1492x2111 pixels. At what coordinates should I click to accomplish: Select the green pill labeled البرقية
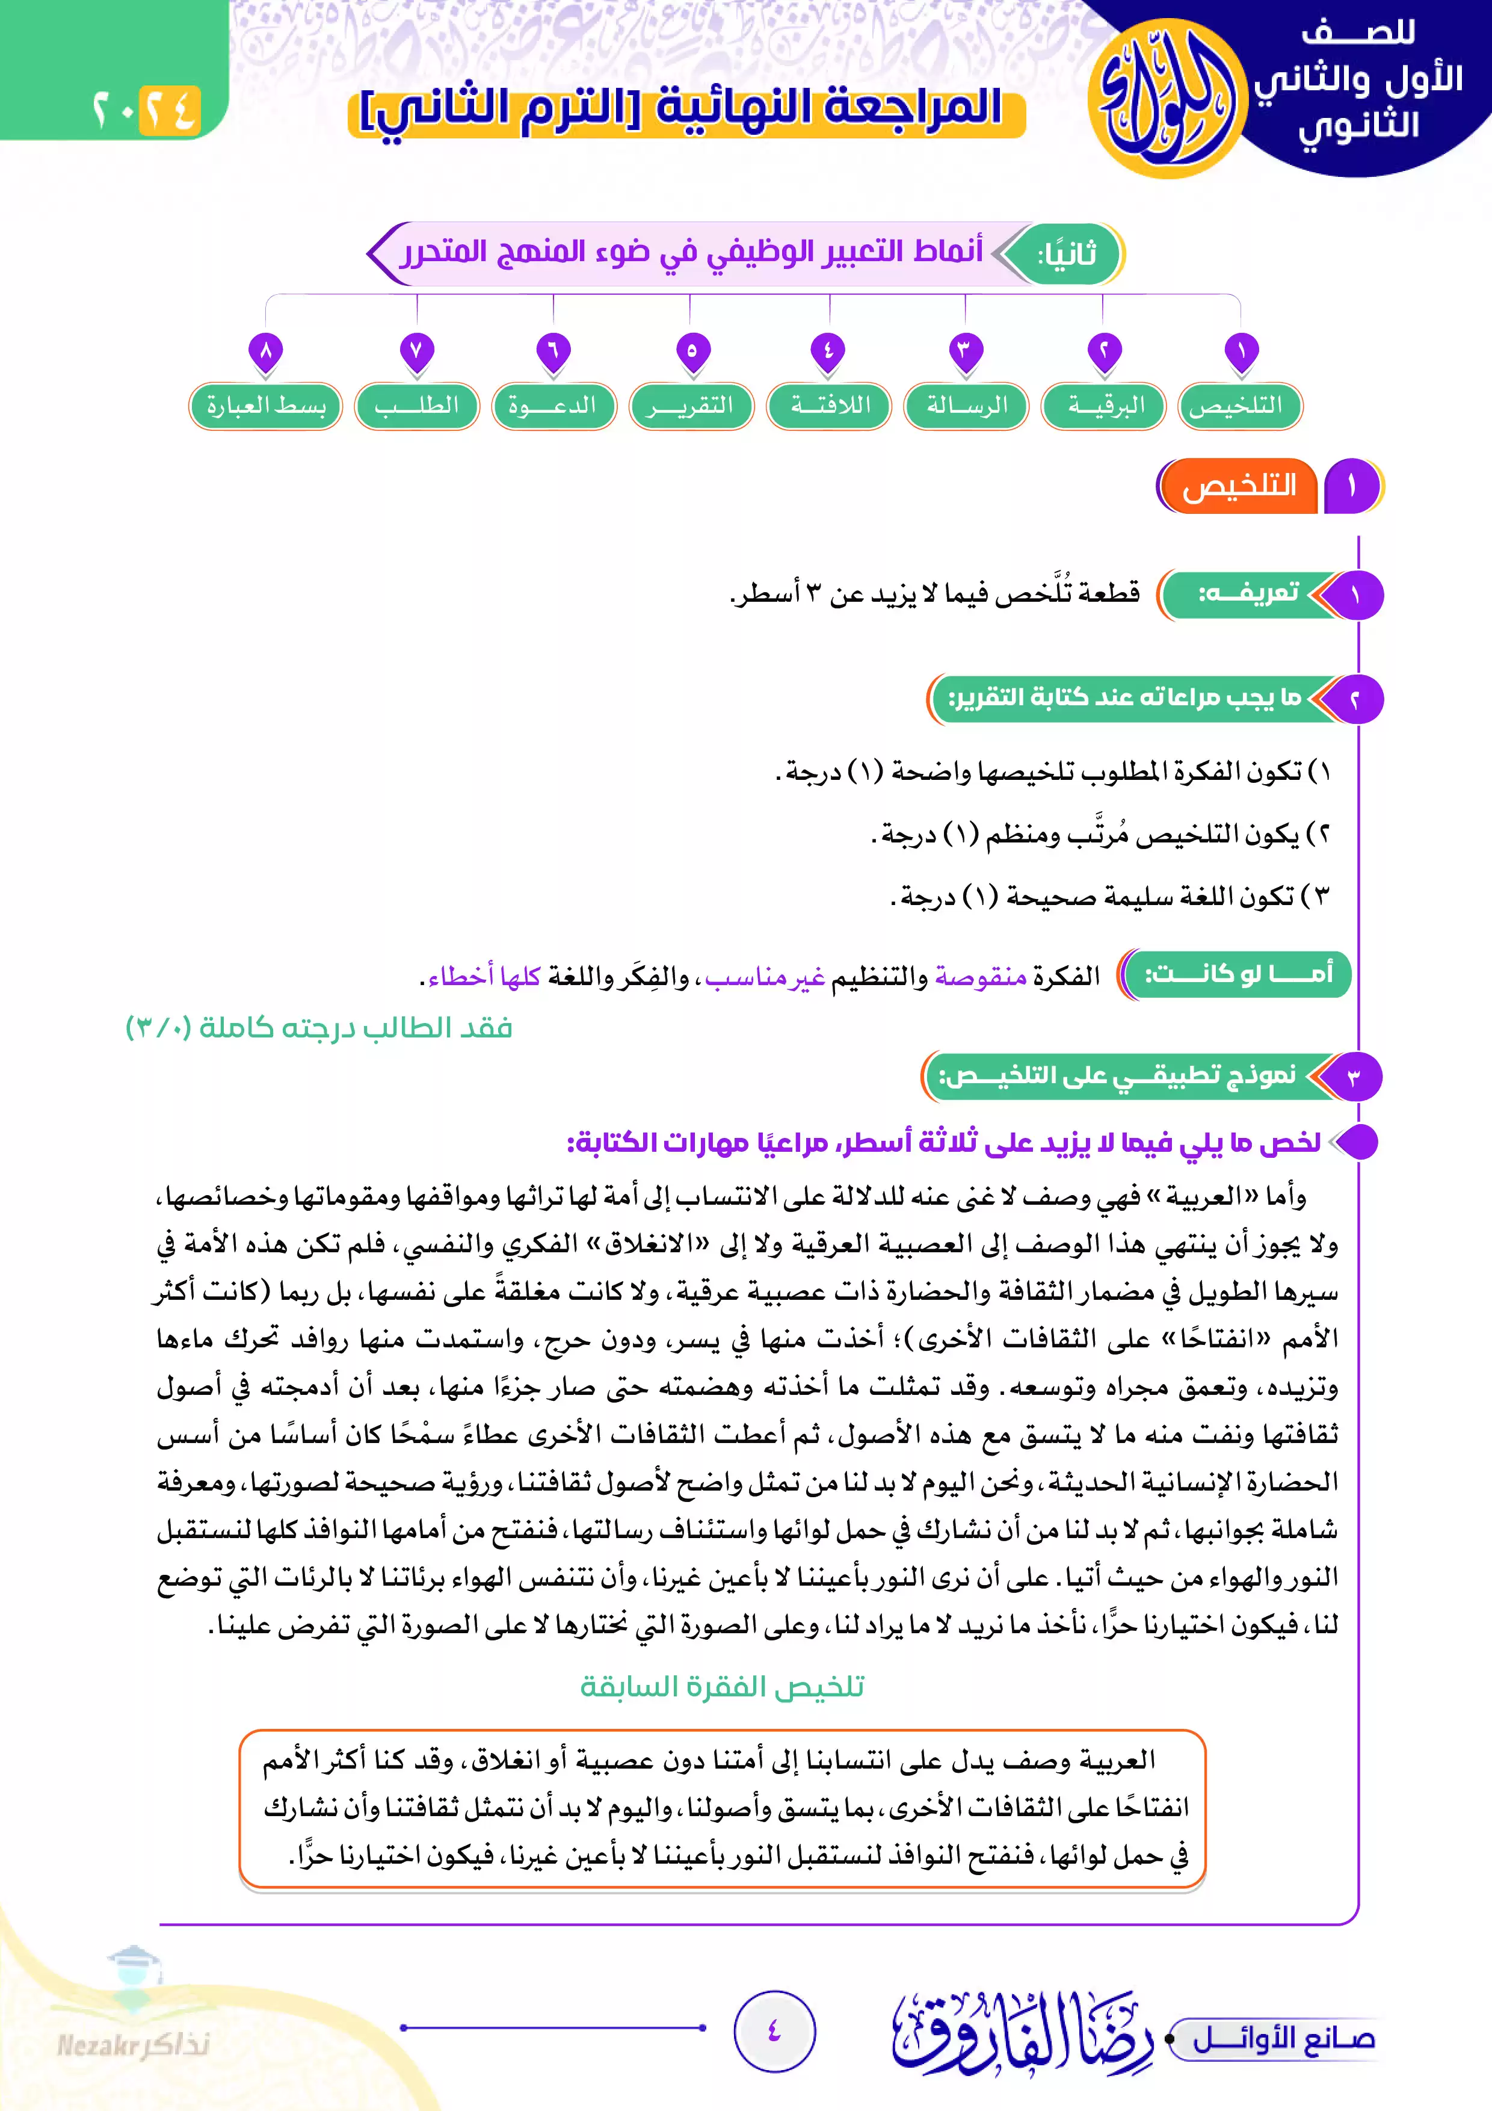click(1103, 406)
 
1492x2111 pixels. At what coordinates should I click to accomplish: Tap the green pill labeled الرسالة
click(966, 406)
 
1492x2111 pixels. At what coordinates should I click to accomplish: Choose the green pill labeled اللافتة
click(829, 406)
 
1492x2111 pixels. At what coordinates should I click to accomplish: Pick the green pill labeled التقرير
click(691, 406)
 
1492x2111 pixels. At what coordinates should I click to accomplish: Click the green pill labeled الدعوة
click(553, 406)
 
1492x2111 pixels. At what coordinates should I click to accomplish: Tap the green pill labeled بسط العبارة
click(266, 406)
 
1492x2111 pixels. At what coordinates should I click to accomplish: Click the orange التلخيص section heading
click(1238, 486)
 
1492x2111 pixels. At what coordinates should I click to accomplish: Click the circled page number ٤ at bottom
click(774, 2030)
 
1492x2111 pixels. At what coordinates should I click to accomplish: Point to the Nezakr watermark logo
click(134, 2014)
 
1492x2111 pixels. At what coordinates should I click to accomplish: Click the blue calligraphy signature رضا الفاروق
click(1020, 2032)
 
